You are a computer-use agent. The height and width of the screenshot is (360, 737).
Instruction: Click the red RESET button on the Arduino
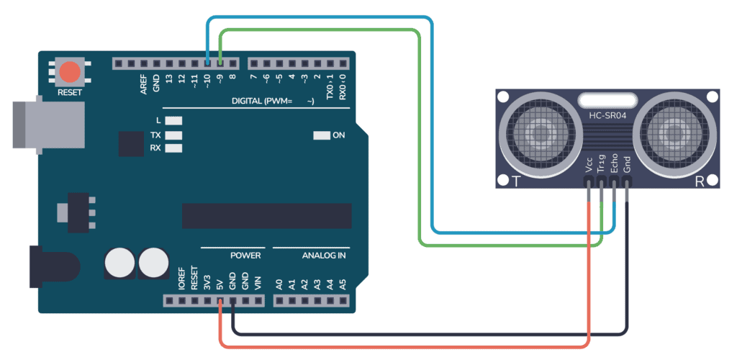pos(70,72)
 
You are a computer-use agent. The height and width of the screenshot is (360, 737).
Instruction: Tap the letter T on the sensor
pos(515,181)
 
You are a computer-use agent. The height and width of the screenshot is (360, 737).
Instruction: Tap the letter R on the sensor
pos(698,181)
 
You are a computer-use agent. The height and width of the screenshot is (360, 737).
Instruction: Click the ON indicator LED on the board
pos(321,135)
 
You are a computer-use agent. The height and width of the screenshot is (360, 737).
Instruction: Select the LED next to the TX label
pos(173,135)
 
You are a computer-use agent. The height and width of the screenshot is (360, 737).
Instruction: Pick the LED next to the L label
pos(173,121)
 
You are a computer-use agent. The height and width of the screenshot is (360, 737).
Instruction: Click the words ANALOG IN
pos(324,256)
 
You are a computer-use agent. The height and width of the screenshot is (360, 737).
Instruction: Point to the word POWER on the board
pos(245,256)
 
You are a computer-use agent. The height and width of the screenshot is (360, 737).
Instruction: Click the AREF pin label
pos(144,85)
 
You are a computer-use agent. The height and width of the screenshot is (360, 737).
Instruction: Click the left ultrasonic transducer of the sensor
pos(538,132)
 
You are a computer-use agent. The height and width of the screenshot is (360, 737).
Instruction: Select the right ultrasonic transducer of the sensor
pos(674,132)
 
